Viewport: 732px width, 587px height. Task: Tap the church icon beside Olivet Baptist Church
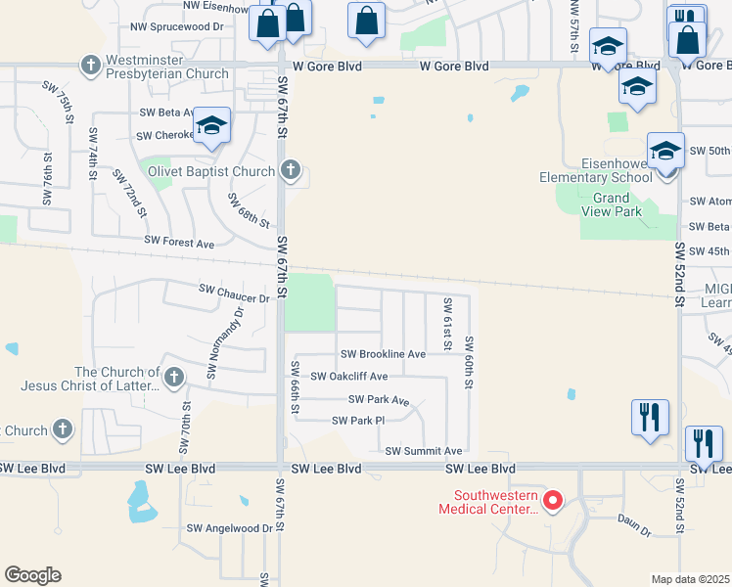pos(290,171)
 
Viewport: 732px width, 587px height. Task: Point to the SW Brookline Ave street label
pos(383,354)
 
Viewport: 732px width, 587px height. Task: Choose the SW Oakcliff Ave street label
pos(349,377)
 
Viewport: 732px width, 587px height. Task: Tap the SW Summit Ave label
pos(423,451)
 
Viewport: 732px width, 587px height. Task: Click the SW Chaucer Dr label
pos(233,290)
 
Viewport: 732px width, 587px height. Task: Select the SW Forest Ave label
pos(178,241)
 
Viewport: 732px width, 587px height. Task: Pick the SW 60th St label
pos(469,363)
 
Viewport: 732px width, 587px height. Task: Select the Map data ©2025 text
pos(690,579)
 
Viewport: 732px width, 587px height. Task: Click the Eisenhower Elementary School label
pos(596,170)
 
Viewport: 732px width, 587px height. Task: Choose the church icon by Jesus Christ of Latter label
pos(174,377)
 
